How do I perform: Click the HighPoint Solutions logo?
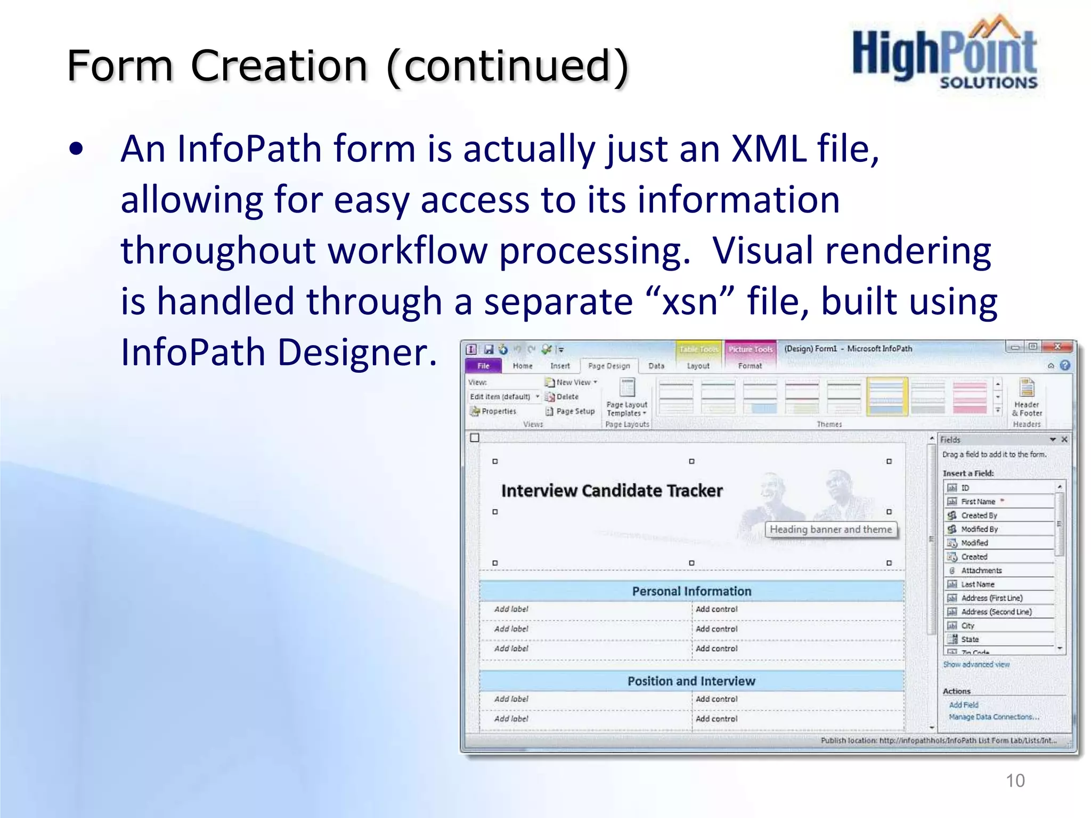945,53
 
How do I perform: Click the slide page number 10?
1015,780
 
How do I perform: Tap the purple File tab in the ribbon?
483,366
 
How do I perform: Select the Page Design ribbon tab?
609,366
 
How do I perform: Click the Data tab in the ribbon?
656,366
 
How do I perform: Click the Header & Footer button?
1027,397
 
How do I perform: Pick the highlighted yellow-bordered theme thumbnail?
887,396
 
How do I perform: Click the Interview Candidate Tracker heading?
612,490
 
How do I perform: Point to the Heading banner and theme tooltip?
831,529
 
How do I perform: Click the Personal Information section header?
691,591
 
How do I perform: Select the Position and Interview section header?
691,681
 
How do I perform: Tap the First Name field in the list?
978,502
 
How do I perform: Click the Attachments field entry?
981,570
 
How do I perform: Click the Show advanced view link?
976,665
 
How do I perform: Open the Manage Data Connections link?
994,717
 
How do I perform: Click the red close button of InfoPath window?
1058,347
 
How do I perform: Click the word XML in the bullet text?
769,149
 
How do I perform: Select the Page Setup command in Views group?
575,411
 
